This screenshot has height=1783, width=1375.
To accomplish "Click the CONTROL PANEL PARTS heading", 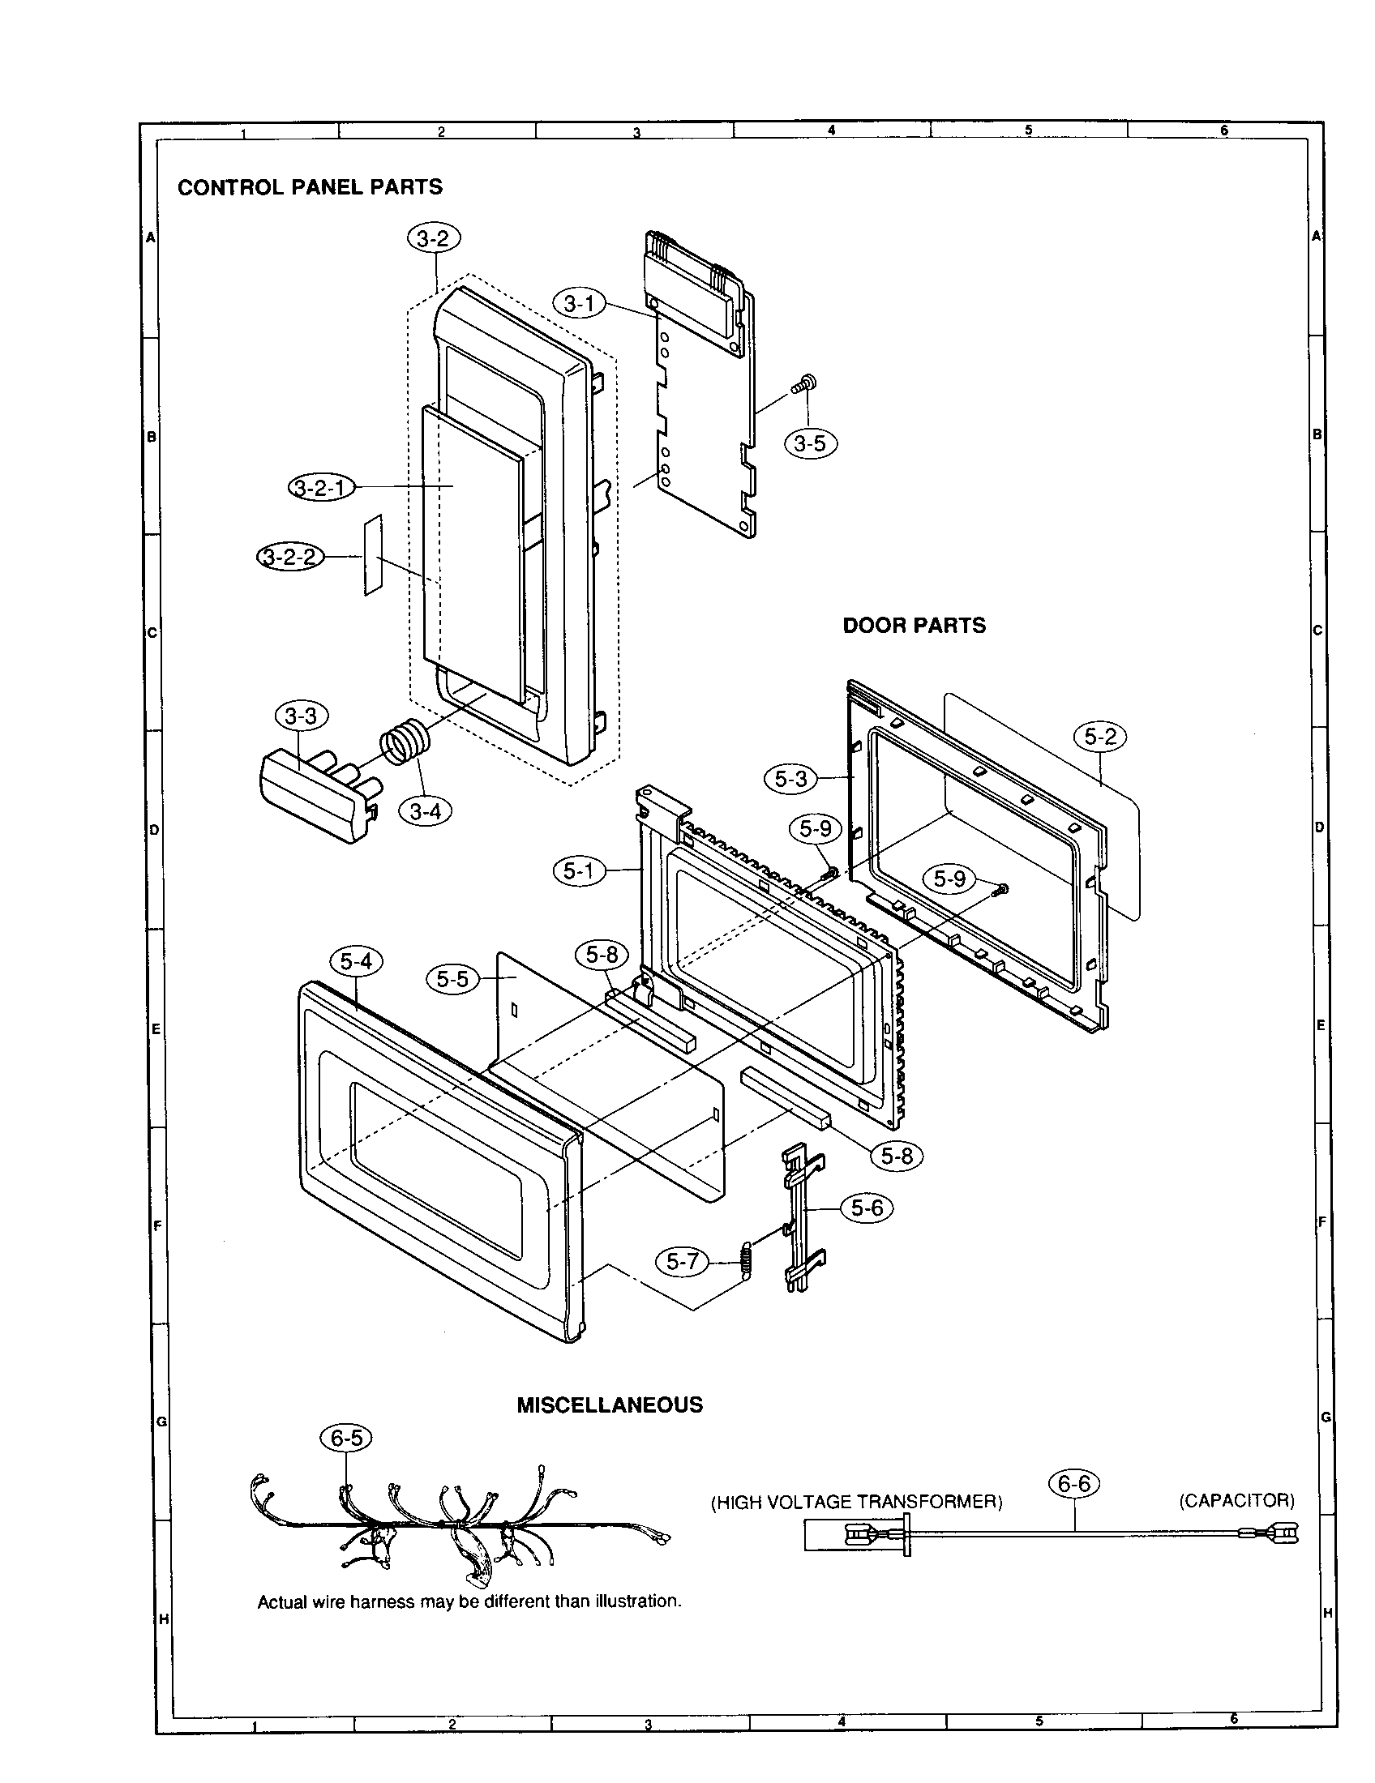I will [x=310, y=187].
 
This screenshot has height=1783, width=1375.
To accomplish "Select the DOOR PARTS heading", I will [x=914, y=626].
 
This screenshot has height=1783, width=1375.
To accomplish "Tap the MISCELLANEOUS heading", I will [x=609, y=1405].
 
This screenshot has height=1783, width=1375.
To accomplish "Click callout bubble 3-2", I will [x=433, y=238].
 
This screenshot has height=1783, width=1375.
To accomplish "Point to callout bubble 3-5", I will [x=810, y=443].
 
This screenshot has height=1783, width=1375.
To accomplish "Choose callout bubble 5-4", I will [x=356, y=962].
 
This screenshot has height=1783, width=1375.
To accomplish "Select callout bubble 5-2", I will [x=1100, y=737].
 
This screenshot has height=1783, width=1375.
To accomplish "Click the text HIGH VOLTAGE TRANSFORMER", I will [x=856, y=1501].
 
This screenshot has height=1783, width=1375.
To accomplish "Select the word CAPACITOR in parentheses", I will [x=1236, y=1500].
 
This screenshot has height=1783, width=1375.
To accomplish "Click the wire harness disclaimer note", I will [x=469, y=1601].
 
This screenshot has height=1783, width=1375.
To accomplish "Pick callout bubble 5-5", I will [x=452, y=978].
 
